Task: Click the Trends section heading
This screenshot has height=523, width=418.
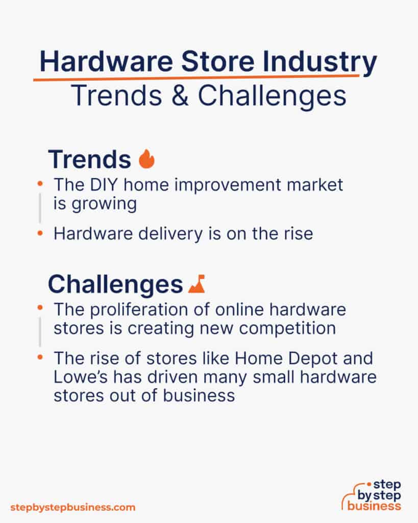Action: point(89,160)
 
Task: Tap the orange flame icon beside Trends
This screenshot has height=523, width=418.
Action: point(146,159)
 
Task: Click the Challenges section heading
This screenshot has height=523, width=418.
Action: point(115,284)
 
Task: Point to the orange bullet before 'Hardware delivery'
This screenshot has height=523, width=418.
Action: point(40,233)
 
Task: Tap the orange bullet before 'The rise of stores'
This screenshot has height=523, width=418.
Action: point(40,358)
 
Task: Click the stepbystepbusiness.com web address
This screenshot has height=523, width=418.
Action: point(73,507)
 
